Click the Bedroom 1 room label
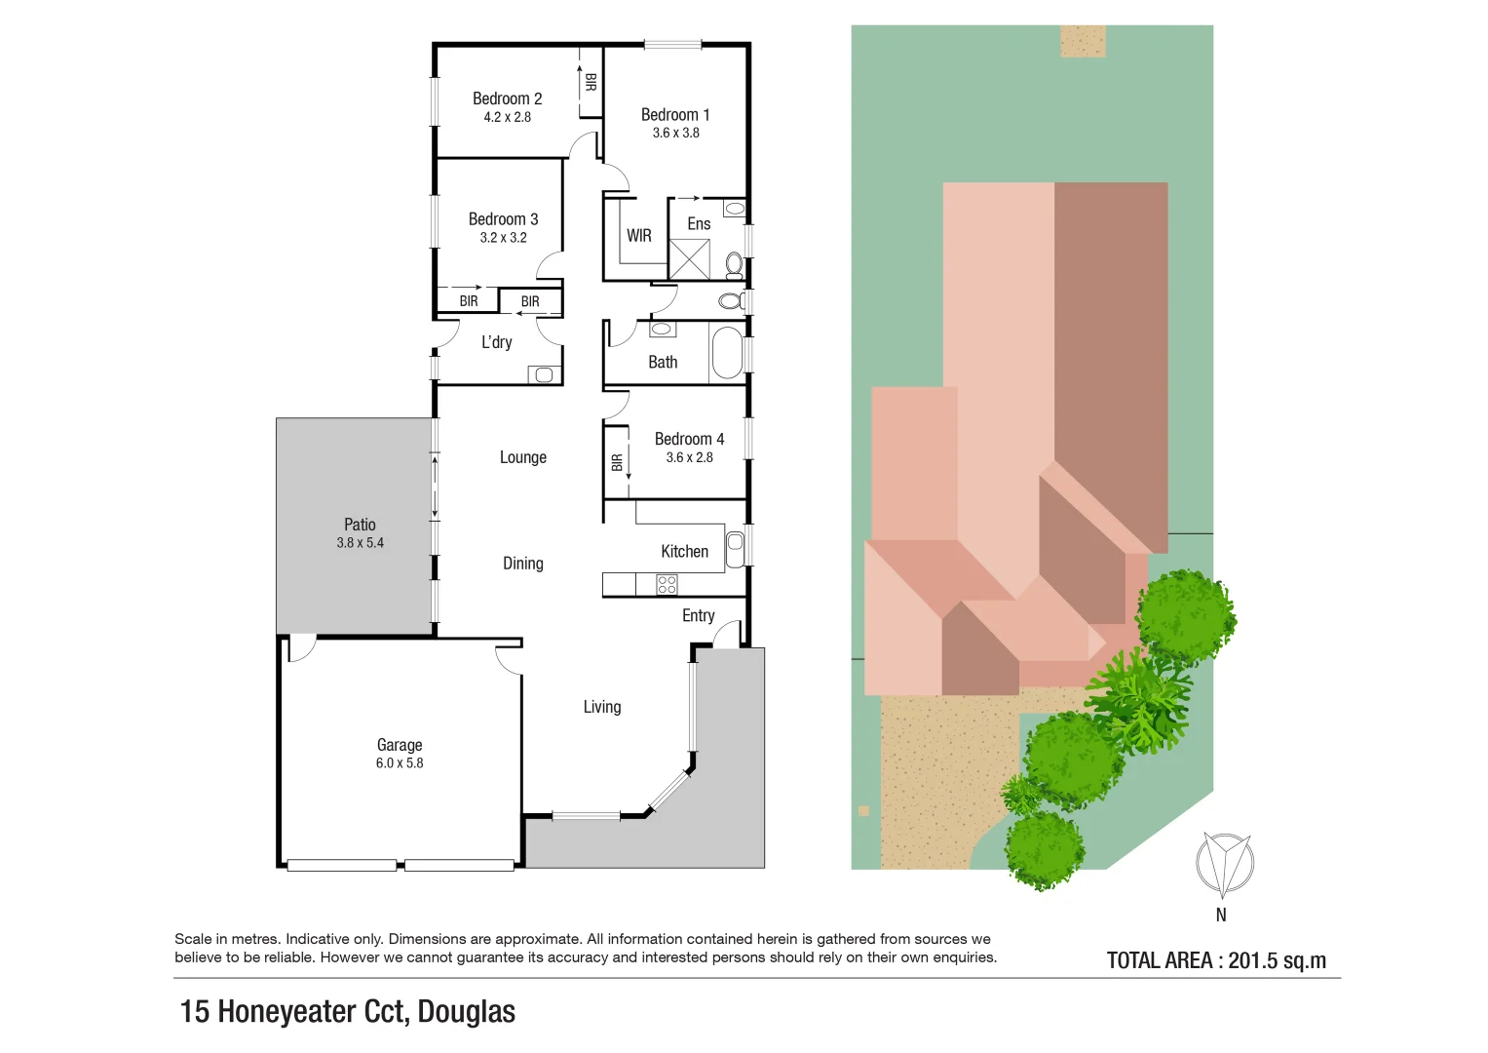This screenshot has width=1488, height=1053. tap(675, 115)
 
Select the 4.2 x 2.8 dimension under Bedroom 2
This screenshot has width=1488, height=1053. tap(507, 117)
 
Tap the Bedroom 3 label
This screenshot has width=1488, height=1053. tap(503, 219)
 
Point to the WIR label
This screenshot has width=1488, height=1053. tap(639, 236)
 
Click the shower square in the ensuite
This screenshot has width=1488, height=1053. tap(689, 259)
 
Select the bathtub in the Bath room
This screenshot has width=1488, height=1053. tap(727, 353)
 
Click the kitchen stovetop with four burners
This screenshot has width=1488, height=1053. tap(667, 584)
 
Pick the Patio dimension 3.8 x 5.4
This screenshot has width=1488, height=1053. tap(360, 543)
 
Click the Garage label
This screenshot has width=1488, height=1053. tap(400, 745)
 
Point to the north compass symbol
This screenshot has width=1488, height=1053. tap(1224, 865)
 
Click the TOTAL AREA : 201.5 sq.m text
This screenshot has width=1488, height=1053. tap(1216, 960)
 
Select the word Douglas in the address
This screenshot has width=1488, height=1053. tap(466, 1012)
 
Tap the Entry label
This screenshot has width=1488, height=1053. tap(698, 615)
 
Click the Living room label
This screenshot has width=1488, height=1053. tap(601, 707)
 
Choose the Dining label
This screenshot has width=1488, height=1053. tap(522, 564)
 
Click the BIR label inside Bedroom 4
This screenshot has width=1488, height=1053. tap(617, 463)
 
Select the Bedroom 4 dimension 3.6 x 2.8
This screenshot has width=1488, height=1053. tap(689, 457)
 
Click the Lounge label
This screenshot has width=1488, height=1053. tap(522, 457)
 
